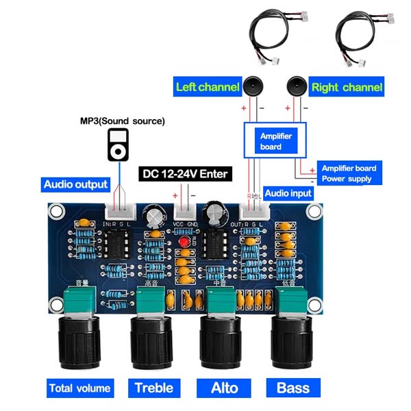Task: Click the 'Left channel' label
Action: (x=208, y=87)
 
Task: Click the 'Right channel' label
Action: (x=347, y=88)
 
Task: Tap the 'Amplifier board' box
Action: (x=276, y=141)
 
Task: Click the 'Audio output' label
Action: (x=76, y=184)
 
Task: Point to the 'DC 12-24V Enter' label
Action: (x=186, y=173)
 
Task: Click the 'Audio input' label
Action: (x=288, y=193)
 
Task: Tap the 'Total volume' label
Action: (x=79, y=388)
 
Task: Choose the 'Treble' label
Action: (x=153, y=388)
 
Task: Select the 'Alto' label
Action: (x=224, y=388)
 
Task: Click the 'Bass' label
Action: (x=293, y=388)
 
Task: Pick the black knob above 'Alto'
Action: (x=221, y=341)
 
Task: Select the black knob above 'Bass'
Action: (x=292, y=341)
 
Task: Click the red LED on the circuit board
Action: (x=183, y=243)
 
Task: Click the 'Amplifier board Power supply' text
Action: (x=349, y=173)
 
